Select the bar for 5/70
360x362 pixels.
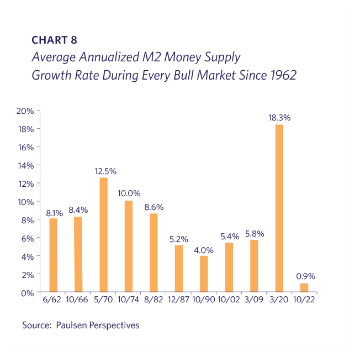tap(103, 235)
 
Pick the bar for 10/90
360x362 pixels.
tap(204, 274)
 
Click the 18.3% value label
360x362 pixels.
tap(279, 118)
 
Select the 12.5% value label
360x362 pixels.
tap(104, 171)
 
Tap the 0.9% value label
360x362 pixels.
tap(305, 276)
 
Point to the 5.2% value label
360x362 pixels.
tap(179, 239)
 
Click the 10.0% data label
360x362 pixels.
tap(129, 193)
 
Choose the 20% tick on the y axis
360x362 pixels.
tap(26, 111)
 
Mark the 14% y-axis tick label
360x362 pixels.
tap(26, 165)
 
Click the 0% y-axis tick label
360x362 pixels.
tap(28, 292)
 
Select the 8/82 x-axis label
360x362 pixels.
tap(153, 301)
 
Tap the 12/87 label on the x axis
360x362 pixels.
tap(179, 301)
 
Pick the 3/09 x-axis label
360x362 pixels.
tap(254, 301)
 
